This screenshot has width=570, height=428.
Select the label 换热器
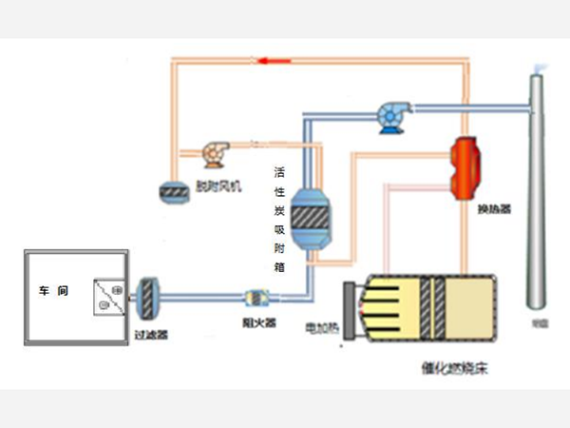(x=495, y=207)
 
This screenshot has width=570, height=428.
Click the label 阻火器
(x=257, y=322)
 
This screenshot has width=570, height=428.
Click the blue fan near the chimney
(x=390, y=115)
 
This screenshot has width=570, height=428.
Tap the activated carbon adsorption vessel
(x=310, y=217)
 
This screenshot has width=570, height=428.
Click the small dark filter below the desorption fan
(x=174, y=190)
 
